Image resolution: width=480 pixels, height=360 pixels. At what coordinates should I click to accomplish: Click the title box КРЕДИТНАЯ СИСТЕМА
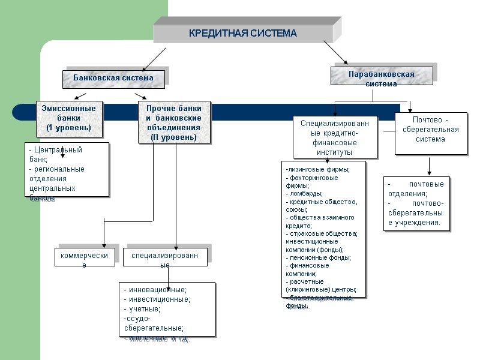[243, 33]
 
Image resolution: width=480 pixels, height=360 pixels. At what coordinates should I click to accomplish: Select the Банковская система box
[113, 78]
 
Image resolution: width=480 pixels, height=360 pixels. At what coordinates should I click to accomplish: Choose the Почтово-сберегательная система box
[430, 134]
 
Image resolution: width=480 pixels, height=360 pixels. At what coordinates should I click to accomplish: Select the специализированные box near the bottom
[165, 257]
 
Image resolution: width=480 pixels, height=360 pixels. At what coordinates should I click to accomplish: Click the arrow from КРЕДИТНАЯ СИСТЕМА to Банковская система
[154, 59]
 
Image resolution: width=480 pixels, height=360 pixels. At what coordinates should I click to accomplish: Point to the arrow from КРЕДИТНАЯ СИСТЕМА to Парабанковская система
[336, 52]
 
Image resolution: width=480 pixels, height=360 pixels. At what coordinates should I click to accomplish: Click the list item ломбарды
[306, 193]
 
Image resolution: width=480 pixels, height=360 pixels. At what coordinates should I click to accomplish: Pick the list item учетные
[144, 309]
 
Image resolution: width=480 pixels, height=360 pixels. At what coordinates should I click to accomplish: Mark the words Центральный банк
[55, 154]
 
